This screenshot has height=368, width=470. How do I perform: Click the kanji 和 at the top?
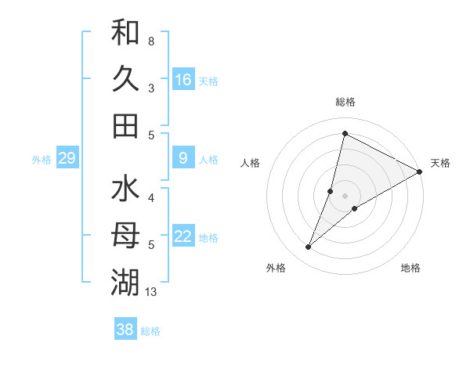point(125,33)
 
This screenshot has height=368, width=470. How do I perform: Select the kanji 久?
point(125,79)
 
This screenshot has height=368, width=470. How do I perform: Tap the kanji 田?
point(125,125)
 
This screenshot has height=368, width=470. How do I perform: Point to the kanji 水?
point(125,189)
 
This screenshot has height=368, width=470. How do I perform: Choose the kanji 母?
point(125,236)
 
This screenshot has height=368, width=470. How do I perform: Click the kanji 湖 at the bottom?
point(125,282)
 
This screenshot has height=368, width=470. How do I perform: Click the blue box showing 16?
point(183,79)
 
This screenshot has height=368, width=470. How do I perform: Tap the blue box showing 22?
point(183,236)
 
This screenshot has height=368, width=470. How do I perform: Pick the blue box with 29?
point(67,159)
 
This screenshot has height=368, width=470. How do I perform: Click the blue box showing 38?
point(125,330)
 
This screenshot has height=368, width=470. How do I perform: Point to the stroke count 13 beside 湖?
point(151,292)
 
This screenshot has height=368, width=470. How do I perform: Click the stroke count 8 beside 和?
point(151,41)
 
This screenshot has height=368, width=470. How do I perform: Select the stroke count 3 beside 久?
point(151,88)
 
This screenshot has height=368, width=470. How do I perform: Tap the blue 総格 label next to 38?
point(150,331)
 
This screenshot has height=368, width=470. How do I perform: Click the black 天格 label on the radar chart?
point(440,163)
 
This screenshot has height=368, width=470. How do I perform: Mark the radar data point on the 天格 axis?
point(419,172)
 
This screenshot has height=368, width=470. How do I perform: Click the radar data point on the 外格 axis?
point(308,247)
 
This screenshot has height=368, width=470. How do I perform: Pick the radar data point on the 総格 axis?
point(344,133)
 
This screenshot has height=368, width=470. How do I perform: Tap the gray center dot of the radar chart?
point(345,196)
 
